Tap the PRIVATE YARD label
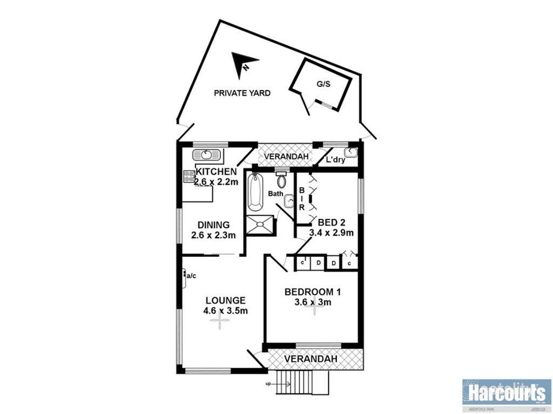pos(242,93)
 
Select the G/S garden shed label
pos(322,84)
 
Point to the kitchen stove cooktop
pos(189,176)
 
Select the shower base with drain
pos(260,224)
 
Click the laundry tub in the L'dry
pos(350,153)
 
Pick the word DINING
pos(213,225)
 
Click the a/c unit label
pos(191,276)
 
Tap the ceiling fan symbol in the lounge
pos(220,322)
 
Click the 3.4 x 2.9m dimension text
pos(331,233)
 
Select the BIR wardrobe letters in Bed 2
pos(302,198)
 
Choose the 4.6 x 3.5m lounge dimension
pos(226,310)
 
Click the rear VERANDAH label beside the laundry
pos(286,156)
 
